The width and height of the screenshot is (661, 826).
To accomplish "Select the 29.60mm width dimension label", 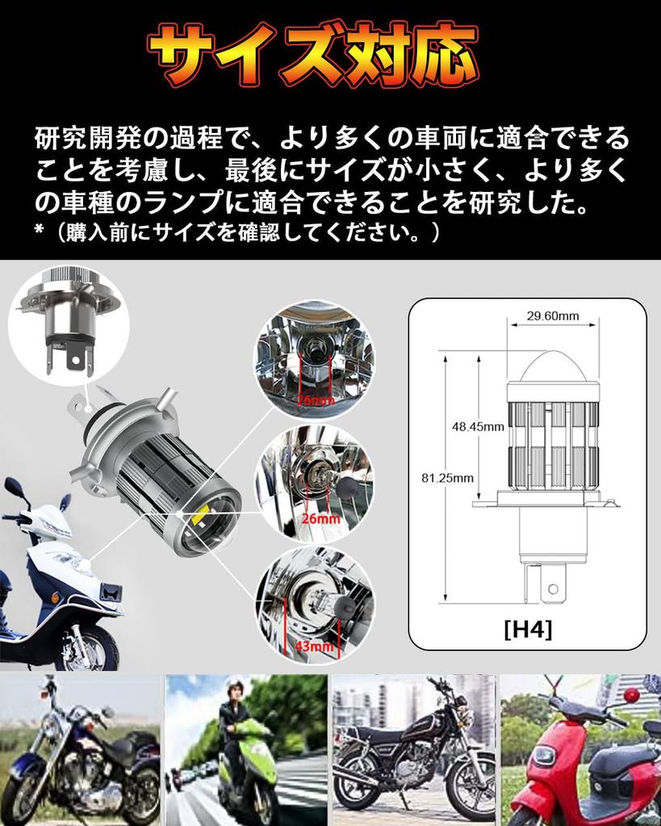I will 553,315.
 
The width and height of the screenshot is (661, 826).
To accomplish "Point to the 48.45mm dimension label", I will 477,426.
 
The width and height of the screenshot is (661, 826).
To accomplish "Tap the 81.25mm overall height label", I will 447,478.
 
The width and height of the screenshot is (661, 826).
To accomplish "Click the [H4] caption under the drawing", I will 527,629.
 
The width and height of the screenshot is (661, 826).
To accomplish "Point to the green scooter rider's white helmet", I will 235,688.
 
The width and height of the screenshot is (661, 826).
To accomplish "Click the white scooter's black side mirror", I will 14,487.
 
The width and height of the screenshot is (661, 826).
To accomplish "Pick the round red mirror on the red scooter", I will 630,695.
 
